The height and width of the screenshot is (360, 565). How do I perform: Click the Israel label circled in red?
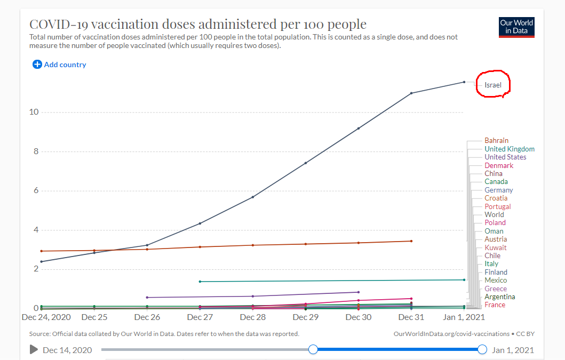493,85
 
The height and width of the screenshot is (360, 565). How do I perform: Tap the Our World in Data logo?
516,27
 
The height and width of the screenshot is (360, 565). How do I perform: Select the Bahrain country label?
496,141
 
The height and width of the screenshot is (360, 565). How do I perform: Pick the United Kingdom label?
509,149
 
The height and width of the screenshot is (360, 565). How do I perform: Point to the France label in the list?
495,305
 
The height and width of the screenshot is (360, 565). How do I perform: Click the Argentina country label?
499,297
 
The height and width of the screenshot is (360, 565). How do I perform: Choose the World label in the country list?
494,214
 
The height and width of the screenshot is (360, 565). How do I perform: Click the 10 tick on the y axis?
34,112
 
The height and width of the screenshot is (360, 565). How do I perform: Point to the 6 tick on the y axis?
35,191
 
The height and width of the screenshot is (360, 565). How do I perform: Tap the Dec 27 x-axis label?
200,317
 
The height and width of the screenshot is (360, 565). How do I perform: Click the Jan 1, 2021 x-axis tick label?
464,317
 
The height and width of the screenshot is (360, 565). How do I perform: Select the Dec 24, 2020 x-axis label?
46,317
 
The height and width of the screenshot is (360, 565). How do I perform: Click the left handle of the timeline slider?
313,349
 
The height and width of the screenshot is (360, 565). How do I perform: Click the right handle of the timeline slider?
482,349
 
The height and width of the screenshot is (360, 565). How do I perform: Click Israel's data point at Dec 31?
411,93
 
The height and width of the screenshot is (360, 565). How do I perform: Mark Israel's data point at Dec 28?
252,197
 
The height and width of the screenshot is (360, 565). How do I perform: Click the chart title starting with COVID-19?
197,24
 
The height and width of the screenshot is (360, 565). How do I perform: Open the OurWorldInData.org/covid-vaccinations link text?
451,334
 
